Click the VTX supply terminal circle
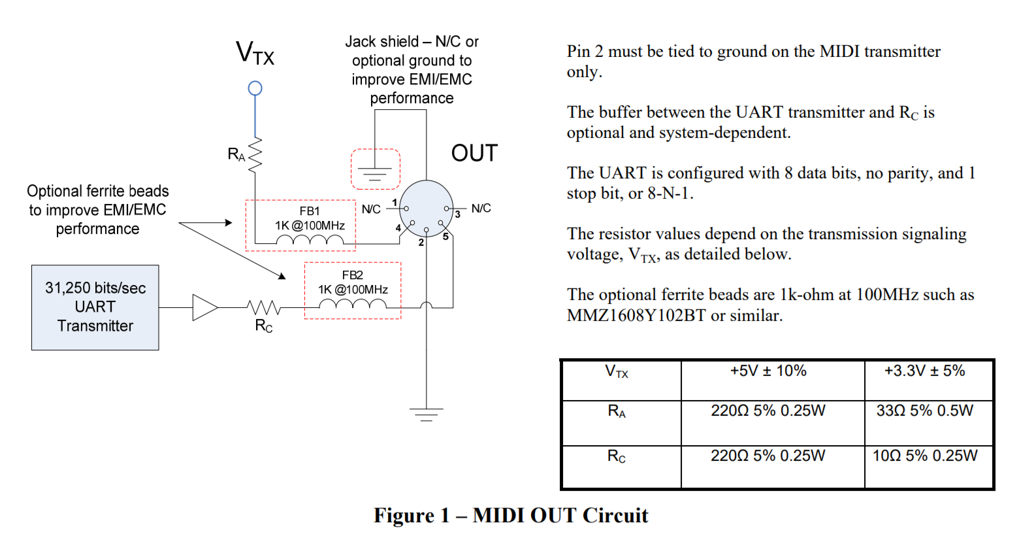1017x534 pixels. coord(255,88)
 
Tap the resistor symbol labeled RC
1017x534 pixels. coord(264,307)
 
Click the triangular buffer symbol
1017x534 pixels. coord(204,307)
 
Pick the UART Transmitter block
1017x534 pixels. coord(95,307)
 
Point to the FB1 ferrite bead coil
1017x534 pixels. coord(310,242)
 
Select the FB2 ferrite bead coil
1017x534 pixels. coord(353,305)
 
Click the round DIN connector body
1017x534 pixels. coord(426,208)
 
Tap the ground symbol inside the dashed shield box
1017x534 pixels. coord(375,174)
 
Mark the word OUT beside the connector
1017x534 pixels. coord(474,154)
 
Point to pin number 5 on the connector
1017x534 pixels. coord(445,237)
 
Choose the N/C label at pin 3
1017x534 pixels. coord(481,209)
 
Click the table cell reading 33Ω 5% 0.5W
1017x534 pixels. coord(924,411)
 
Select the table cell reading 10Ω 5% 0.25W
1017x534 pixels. coord(925,456)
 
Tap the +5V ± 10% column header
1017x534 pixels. coord(768,371)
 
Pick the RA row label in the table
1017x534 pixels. coord(617,412)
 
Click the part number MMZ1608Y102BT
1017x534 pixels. coord(636,316)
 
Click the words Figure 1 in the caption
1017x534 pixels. coord(412,516)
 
